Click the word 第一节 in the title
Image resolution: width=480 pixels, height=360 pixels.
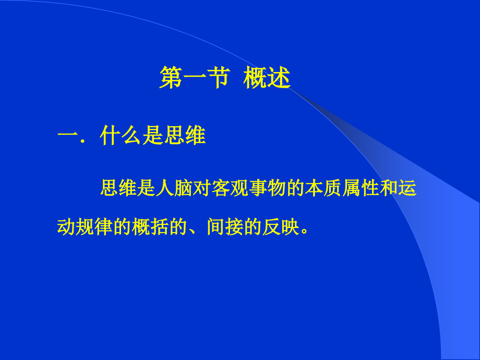point(194,79)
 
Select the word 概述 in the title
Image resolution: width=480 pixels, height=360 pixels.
point(266,79)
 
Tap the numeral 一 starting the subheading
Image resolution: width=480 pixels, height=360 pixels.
point(67,136)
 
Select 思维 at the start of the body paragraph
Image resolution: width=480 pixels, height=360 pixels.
point(118,189)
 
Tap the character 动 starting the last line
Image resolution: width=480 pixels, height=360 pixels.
point(66,227)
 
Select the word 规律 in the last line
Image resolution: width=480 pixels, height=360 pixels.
point(94,227)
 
